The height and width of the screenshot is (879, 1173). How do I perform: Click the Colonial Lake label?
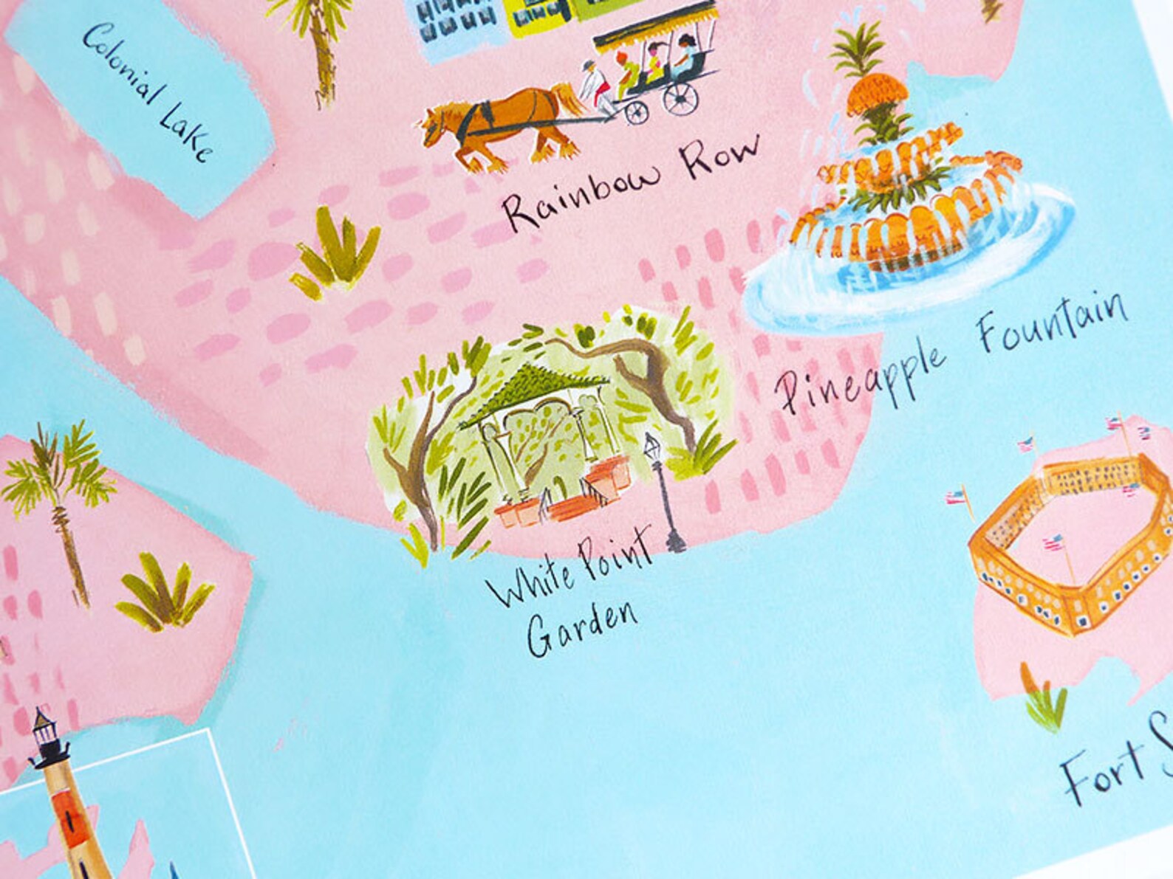point(148,92)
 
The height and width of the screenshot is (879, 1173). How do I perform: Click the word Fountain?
point(1053,325)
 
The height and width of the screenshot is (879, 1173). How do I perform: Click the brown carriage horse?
point(502,122)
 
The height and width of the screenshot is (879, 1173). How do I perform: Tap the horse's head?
point(436,125)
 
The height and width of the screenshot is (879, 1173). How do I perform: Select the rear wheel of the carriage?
point(680,96)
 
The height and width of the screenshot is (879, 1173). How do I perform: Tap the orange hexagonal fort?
point(1071,542)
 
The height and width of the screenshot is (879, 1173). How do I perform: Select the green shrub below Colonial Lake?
point(336,251)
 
